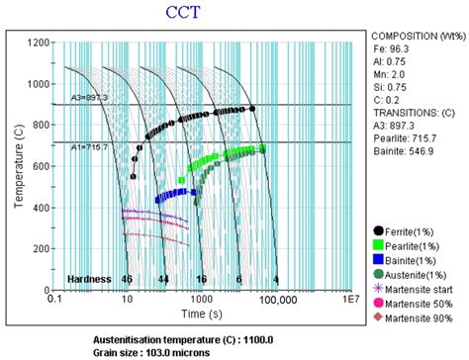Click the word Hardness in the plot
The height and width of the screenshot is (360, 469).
tap(88, 280)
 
